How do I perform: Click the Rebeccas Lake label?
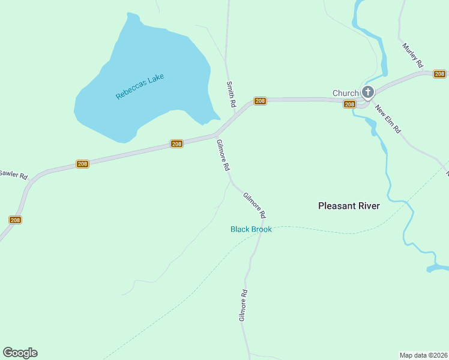[140, 86]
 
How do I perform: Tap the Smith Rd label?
[231, 94]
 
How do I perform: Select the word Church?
[345, 93]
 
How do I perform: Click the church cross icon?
[367, 92]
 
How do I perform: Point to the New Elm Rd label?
[388, 119]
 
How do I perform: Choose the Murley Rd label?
[414, 55]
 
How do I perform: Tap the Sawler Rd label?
[14, 175]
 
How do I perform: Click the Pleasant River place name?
[349, 206]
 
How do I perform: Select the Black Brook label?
[251, 229]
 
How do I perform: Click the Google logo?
[20, 353]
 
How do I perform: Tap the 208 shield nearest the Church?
[350, 104]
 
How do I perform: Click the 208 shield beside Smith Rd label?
[260, 101]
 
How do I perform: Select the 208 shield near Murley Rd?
[440, 74]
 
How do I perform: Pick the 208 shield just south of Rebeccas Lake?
[176, 144]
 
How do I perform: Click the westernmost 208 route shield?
[16, 220]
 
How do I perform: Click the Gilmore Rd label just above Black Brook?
[255, 205]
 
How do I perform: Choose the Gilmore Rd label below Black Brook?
[243, 306]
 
